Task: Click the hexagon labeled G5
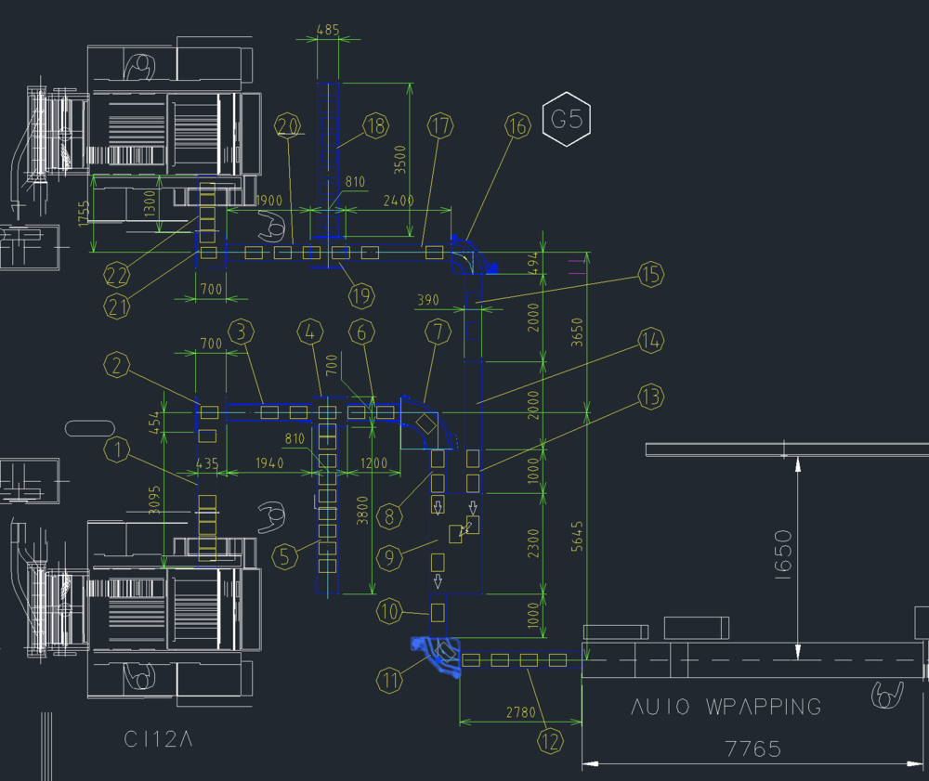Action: coord(567,120)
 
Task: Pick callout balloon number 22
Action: coord(117,275)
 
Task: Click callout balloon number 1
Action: coord(117,451)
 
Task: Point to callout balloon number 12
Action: coord(551,741)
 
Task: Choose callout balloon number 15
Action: coord(651,275)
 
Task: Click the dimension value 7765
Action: coord(753,748)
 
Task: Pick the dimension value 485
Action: coord(328,30)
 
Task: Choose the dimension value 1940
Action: coord(270,462)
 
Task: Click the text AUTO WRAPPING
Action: coord(726,707)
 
